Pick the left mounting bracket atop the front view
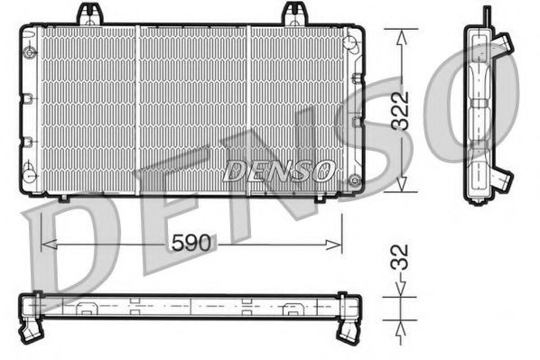[88, 14]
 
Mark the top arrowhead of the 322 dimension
[399, 33]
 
